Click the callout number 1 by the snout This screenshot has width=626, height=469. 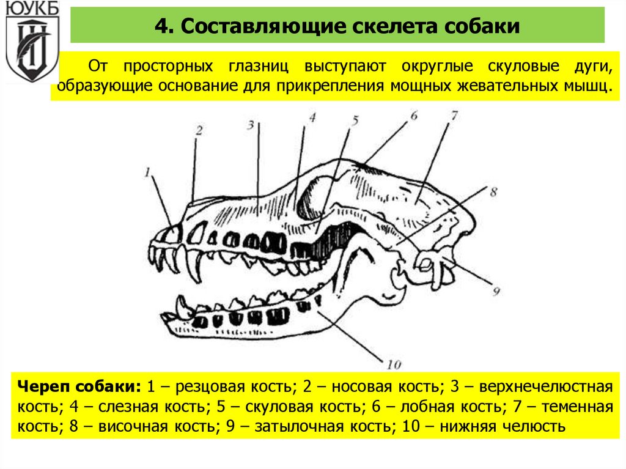[147, 173]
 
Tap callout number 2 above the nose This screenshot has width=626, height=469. [199, 130]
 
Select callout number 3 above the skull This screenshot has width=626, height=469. [251, 125]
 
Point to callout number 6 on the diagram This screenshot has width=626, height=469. [413, 114]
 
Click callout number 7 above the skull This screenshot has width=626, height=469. [454, 115]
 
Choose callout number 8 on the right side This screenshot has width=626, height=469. [494, 192]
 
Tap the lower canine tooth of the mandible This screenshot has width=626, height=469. [182, 304]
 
